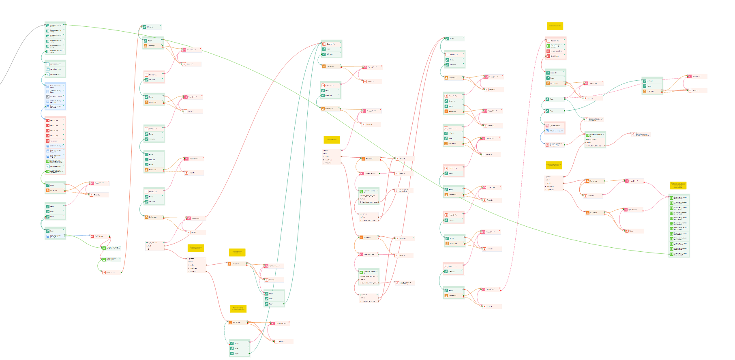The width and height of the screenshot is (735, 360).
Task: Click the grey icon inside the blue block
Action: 47,96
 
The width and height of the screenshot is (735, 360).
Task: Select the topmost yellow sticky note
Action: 555,26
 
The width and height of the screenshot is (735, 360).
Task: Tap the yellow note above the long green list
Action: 678,186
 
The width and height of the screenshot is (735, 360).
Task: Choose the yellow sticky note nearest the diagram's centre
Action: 332,140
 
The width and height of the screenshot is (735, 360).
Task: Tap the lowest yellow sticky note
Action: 238,309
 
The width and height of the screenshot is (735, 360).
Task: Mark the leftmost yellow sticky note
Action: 195,248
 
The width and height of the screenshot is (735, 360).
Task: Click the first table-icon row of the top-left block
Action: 55,26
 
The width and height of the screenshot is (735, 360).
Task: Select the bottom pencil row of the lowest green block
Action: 239,354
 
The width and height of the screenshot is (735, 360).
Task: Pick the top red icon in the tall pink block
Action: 47,120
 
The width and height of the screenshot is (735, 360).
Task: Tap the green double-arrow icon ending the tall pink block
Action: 47,171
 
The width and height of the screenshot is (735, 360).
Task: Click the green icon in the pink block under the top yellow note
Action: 548,46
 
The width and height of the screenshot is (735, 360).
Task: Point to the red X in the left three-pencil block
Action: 64,215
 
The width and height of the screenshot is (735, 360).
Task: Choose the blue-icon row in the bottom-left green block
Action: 55,236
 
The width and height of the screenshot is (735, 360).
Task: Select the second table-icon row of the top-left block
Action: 55,30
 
